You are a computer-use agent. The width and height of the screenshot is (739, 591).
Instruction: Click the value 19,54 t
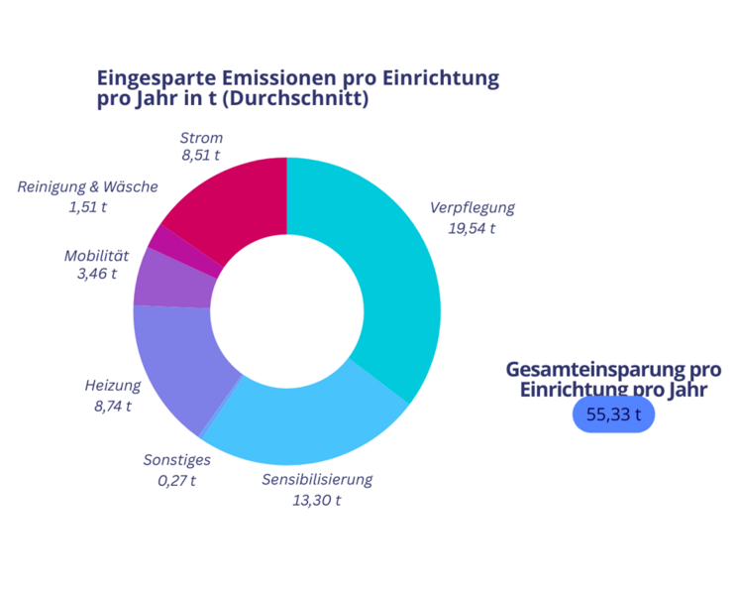click(x=472, y=228)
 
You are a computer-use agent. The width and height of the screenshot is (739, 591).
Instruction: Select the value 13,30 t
click(x=317, y=500)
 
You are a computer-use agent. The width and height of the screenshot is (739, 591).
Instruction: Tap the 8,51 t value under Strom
click(x=201, y=155)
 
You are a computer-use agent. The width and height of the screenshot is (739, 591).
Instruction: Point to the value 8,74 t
click(x=113, y=407)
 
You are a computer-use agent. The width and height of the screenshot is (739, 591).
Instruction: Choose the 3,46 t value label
click(x=97, y=274)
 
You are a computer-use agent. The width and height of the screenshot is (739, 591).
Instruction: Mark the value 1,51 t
click(x=87, y=207)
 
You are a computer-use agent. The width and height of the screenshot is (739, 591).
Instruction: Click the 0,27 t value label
click(x=176, y=481)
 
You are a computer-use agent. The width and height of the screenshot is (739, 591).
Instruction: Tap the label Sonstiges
click(x=177, y=460)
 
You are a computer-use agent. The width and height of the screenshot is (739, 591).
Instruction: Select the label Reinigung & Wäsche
click(x=87, y=186)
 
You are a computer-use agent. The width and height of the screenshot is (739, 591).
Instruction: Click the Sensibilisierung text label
click(x=317, y=479)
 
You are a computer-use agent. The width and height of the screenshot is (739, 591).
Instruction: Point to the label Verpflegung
click(x=473, y=208)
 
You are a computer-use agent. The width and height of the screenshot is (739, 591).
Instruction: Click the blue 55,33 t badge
click(x=613, y=414)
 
